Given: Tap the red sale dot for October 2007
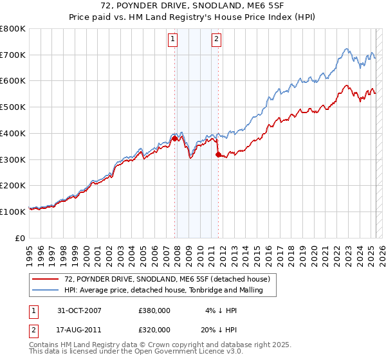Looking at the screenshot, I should (174, 138).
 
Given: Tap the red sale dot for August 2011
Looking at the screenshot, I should (217, 154).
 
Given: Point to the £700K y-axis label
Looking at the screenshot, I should (13, 55).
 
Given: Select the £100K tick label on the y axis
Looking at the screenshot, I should (13, 212).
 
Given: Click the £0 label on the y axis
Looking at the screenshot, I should (21, 238).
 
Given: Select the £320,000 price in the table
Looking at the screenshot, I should (154, 330).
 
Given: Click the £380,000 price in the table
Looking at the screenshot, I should (154, 310).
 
